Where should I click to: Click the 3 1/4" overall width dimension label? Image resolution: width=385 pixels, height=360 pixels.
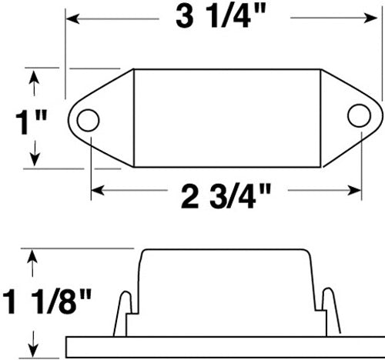coord(223,18)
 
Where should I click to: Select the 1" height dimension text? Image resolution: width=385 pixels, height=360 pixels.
coord(32,120)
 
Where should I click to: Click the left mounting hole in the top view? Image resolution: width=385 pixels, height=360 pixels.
coord(88,120)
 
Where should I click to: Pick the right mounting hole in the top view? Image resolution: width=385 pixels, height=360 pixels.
coord(357,115)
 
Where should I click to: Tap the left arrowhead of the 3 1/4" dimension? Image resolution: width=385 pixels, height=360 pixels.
coord(71,15)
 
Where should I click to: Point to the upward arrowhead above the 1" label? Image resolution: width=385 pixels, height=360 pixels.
coord(33,75)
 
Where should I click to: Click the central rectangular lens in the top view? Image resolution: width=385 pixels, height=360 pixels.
coord(226,118)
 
